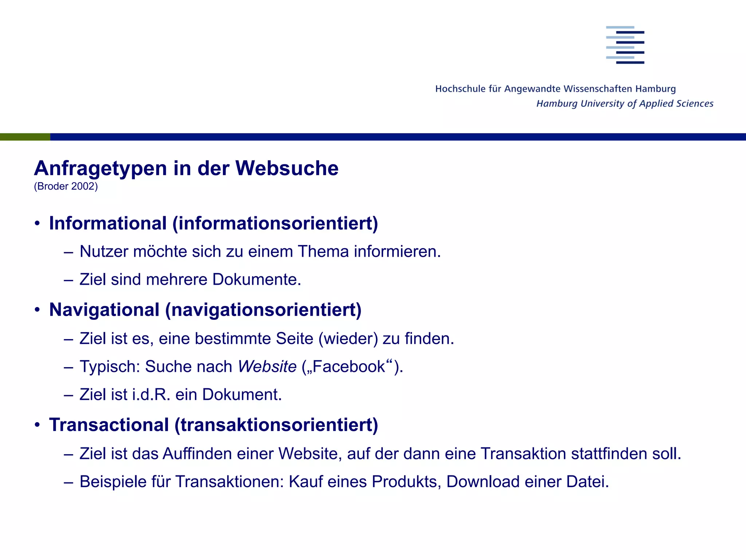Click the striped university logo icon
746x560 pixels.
click(625, 45)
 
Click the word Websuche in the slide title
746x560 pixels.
click(287, 168)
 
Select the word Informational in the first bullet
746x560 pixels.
click(108, 223)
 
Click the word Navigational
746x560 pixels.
click(104, 310)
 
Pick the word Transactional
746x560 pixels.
click(109, 425)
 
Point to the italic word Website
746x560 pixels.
click(267, 366)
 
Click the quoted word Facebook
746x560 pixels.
click(348, 366)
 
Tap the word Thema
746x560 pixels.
click(323, 252)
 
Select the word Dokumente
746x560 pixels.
click(256, 280)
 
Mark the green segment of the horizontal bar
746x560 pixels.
click(25, 137)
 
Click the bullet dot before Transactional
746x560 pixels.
click(37, 425)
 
